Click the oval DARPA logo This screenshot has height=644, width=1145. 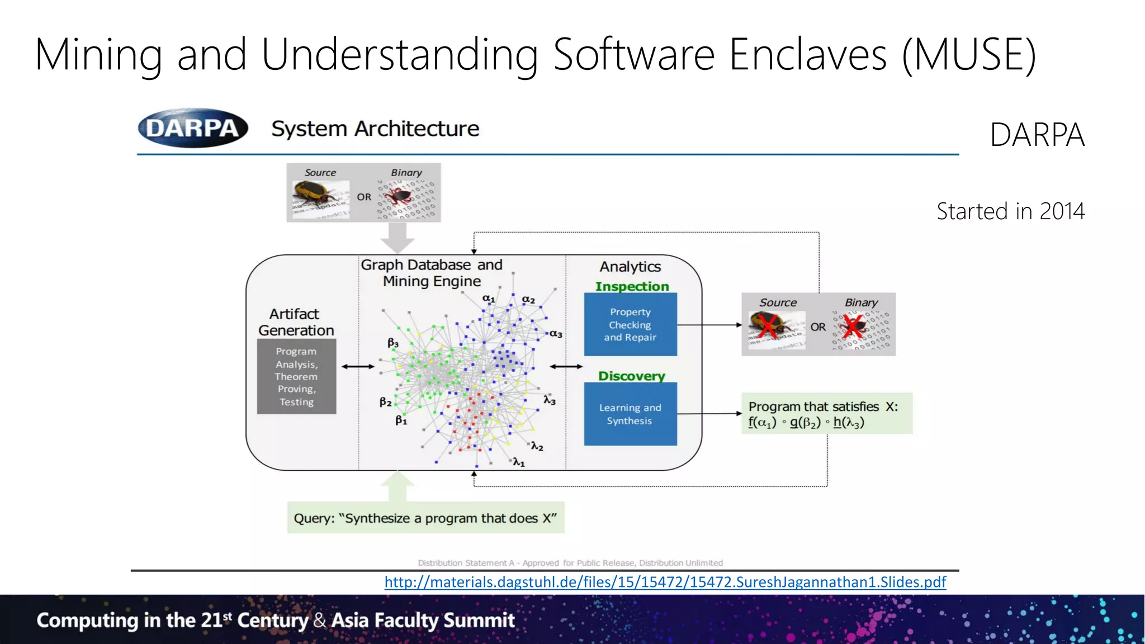(x=193, y=128)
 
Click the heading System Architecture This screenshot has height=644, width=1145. (x=375, y=129)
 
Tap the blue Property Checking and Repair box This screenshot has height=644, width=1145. (x=630, y=324)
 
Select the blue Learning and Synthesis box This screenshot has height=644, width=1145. (x=630, y=414)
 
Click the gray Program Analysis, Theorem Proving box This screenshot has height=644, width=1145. (x=296, y=376)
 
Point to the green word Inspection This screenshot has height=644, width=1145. (x=632, y=286)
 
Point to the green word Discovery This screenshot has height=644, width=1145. (x=632, y=376)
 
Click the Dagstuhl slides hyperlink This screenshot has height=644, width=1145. (x=665, y=582)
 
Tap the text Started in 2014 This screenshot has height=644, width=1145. (x=1010, y=211)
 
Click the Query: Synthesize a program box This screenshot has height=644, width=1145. (x=425, y=518)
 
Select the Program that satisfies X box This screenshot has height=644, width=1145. (x=826, y=414)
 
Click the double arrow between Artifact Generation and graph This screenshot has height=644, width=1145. (x=358, y=367)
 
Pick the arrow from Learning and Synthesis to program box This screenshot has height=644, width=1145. (x=709, y=414)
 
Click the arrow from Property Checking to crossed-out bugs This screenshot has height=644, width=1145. (x=709, y=325)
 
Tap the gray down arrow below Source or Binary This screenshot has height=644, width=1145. (x=397, y=238)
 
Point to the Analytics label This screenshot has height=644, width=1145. (x=630, y=267)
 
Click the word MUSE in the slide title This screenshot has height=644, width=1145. (x=969, y=54)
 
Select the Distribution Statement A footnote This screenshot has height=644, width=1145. (x=570, y=563)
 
